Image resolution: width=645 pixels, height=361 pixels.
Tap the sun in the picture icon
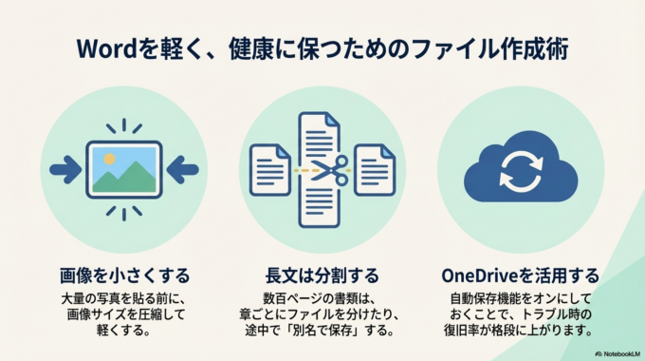[110, 156]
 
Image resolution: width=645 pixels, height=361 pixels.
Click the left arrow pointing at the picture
[65, 170]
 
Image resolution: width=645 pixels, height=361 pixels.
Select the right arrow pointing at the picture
[182, 170]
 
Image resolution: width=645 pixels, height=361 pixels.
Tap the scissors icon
[327, 172]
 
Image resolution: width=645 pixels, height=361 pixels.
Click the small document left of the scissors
[269, 168]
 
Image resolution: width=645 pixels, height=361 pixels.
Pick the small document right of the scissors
[375, 168]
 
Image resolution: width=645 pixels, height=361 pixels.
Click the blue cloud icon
[520, 170]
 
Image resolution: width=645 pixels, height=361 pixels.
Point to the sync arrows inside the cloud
[520, 172]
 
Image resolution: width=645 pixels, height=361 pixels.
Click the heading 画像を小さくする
[124, 275]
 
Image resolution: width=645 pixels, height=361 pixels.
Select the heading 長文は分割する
[323, 275]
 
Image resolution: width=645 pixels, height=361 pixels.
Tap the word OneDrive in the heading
[483, 275]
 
